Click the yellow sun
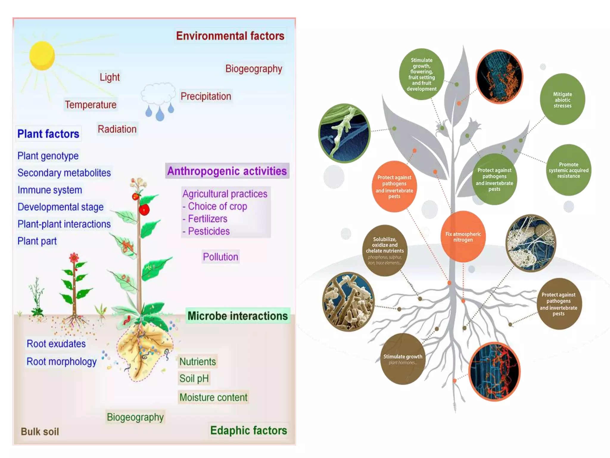pos(42,56)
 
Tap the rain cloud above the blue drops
pos(158,94)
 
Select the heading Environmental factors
pos(230,36)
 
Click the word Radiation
pos(117,129)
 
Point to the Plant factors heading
pos(48,134)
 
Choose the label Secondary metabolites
pos(64,173)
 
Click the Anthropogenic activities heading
pos(227,171)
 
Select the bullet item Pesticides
pos(208,231)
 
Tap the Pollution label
pos(220,257)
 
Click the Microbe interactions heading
pos(238,316)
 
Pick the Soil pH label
pos(194,379)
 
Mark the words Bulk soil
pos(40,431)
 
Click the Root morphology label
pos(61,362)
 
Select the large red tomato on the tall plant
pos(144,209)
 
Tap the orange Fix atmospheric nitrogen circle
pos(463,237)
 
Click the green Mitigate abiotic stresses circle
pos(562,100)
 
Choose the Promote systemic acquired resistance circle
pos(569,170)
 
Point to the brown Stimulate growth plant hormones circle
pos(403,359)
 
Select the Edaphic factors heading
pos(248,431)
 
